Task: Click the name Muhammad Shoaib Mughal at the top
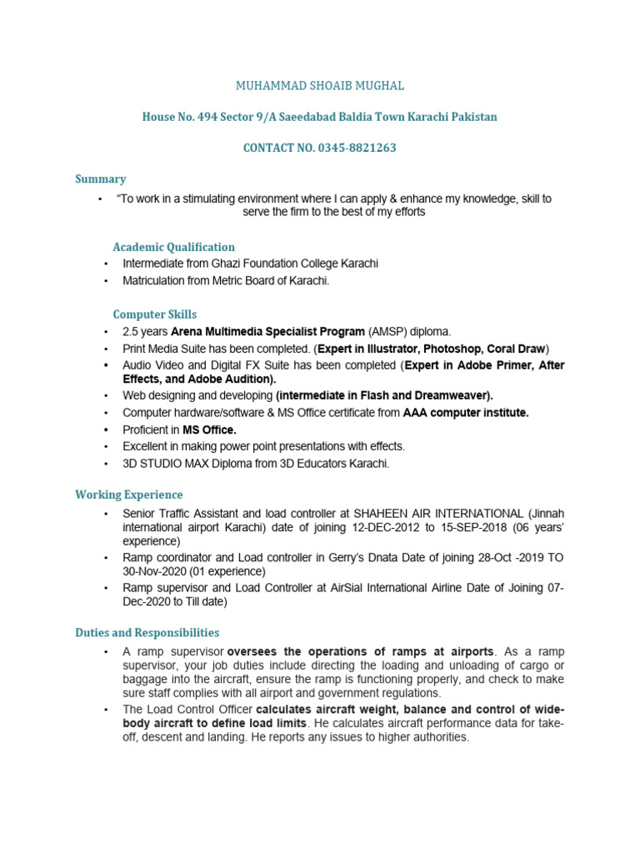tap(320, 86)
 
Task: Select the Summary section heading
tap(100, 178)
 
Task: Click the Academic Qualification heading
tap(173, 247)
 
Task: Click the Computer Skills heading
tap(155, 314)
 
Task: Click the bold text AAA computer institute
tap(466, 413)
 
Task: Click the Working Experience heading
tap(128, 495)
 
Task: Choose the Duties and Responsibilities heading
tap(147, 633)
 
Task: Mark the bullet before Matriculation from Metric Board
tap(107, 281)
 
